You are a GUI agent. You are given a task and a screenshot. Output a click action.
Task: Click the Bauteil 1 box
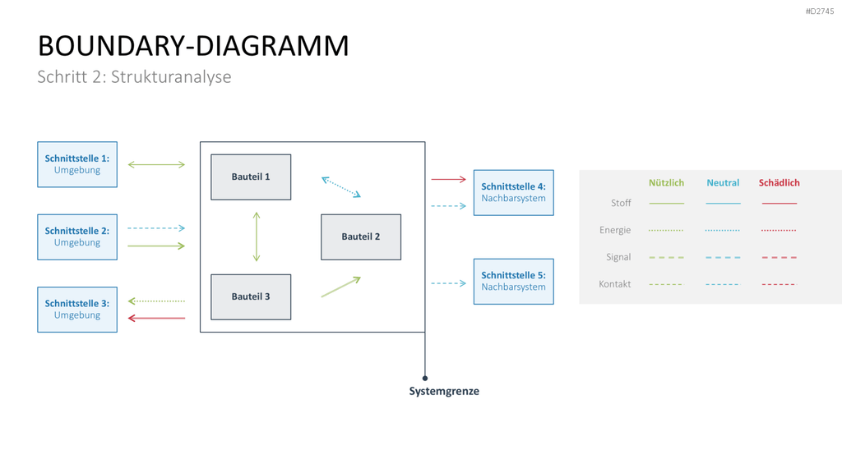[251, 177]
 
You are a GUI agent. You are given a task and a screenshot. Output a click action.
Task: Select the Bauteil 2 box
[361, 237]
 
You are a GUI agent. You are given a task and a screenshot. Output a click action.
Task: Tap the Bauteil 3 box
[251, 297]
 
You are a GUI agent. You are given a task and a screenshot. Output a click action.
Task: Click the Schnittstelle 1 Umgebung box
[77, 164]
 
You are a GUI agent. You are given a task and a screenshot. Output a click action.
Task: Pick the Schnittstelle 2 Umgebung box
[77, 237]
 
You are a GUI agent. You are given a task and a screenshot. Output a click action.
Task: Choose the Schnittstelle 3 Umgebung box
[77, 310]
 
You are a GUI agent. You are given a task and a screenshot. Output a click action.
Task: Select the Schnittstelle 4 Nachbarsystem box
[513, 192]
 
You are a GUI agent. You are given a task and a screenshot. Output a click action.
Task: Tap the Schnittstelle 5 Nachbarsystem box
[513, 282]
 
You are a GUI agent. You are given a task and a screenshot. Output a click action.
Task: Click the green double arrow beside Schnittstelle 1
[156, 164]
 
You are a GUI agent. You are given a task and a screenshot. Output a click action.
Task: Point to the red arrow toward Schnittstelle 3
[156, 318]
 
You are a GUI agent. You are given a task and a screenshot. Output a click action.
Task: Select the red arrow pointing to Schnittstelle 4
[448, 179]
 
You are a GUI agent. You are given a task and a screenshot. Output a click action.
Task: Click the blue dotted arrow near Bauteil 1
[341, 187]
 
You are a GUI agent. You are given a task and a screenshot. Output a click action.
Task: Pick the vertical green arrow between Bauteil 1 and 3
[257, 236]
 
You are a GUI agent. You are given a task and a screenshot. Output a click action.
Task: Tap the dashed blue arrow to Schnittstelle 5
[448, 283]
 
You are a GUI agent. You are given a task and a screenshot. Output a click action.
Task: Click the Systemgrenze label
[444, 391]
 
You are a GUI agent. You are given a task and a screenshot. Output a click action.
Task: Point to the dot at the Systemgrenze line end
[425, 378]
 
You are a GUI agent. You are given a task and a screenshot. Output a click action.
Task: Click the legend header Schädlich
[780, 183]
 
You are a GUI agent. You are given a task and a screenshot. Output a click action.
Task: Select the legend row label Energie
[615, 230]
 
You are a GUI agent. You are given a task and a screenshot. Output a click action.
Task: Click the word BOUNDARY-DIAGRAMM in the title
[193, 46]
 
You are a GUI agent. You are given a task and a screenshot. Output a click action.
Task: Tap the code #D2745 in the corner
[820, 11]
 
